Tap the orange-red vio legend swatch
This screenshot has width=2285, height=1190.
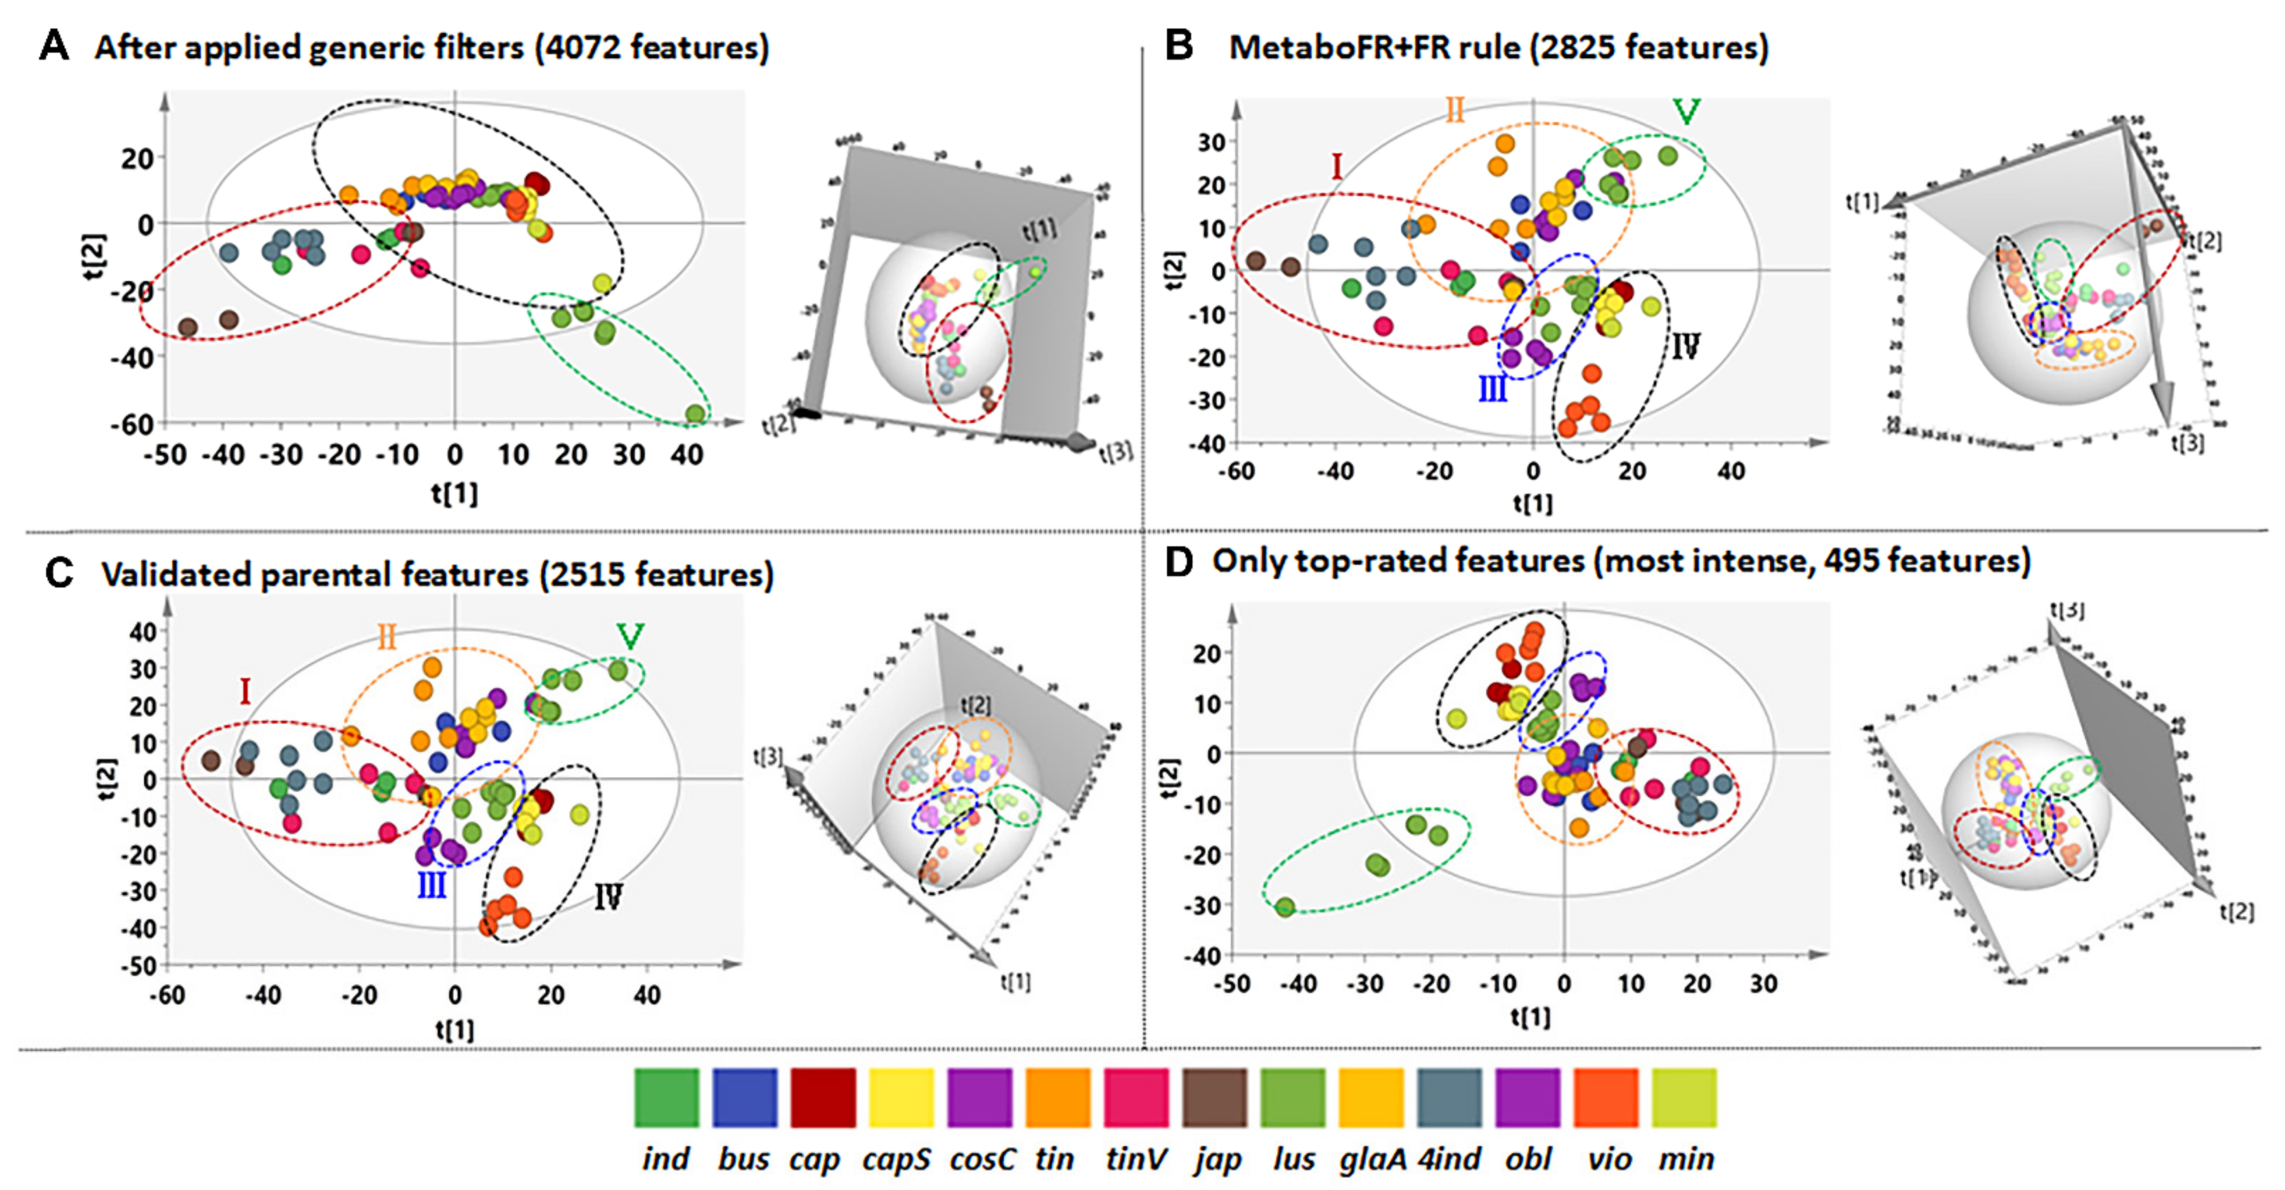click(1607, 1098)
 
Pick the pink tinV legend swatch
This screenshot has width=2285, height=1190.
click(1136, 1098)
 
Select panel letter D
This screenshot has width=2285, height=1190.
click(1179, 561)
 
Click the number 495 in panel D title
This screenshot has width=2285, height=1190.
click(1851, 561)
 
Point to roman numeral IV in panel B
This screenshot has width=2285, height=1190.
click(1685, 346)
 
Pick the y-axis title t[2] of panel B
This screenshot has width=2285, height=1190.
click(1174, 270)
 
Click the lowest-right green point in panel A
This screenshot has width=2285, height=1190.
click(695, 413)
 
